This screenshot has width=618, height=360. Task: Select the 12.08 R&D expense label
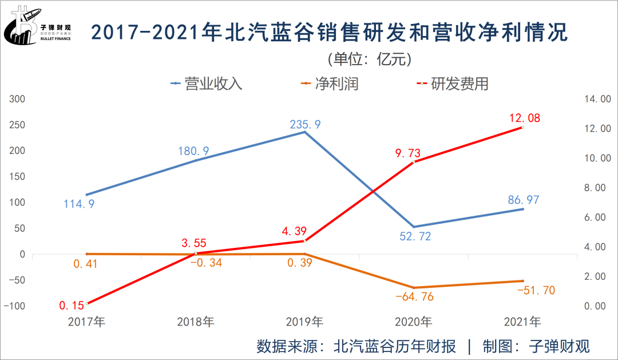coord(524,118)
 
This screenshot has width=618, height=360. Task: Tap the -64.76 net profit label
coord(414,297)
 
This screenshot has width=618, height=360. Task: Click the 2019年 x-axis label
coord(304,322)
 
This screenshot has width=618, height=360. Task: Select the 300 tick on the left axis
coord(17,99)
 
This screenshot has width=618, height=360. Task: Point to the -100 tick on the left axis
coord(15,306)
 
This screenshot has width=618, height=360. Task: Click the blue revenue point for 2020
coord(413,227)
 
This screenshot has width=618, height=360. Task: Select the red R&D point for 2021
coord(522,127)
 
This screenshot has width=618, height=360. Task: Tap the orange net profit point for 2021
coord(522,281)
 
